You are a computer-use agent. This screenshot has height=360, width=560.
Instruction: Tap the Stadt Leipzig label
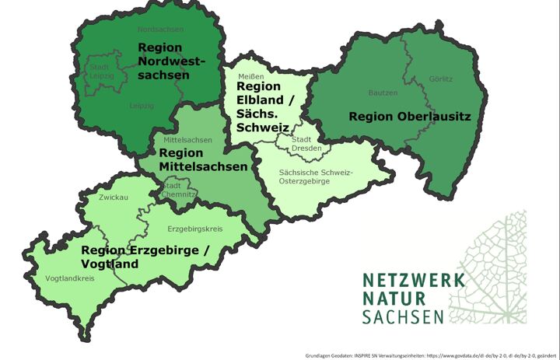(100, 72)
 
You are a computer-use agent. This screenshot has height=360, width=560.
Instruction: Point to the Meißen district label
(250, 76)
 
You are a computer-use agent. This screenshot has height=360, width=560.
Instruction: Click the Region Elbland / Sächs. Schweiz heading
(264, 108)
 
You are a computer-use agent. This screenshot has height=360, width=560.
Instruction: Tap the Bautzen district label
(383, 93)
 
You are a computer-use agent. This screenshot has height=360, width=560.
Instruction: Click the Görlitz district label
(440, 79)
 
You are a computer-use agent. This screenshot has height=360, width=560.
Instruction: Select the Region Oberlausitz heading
(399, 116)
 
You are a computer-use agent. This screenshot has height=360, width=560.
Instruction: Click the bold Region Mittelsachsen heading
(203, 160)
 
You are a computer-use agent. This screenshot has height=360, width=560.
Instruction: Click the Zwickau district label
(114, 198)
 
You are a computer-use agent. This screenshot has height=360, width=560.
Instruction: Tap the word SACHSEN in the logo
(403, 316)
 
